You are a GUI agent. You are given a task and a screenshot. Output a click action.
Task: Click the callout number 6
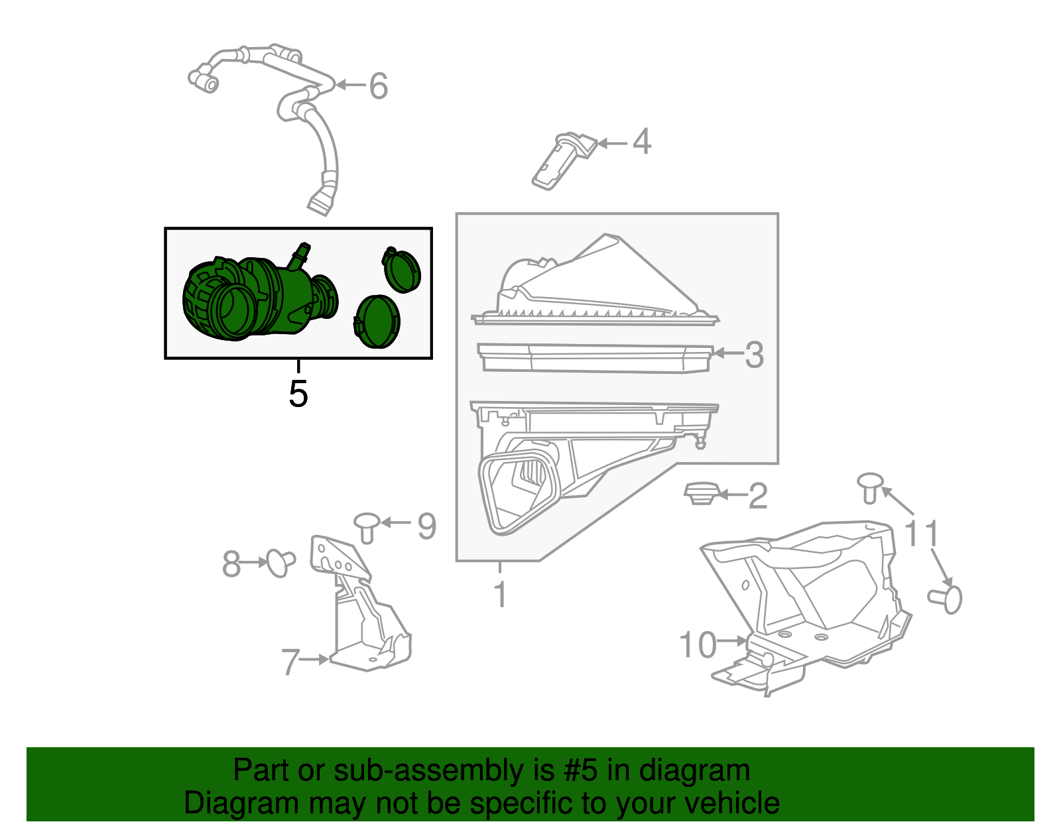click(x=378, y=86)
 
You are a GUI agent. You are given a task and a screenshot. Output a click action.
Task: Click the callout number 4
click(x=641, y=142)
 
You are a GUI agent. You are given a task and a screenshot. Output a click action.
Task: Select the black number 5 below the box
click(x=298, y=394)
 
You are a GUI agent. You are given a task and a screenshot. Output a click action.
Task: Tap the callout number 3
click(x=754, y=355)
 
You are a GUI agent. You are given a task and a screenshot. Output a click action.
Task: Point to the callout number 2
click(x=757, y=496)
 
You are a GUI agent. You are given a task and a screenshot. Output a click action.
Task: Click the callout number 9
click(x=426, y=526)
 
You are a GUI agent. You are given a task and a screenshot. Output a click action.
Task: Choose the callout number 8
click(x=231, y=564)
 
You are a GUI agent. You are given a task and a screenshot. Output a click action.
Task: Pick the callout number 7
click(x=290, y=661)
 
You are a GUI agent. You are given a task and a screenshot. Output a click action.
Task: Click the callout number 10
click(x=698, y=644)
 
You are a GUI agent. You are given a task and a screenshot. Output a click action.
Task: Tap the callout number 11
click(x=922, y=533)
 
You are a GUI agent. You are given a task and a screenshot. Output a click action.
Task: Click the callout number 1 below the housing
click(x=501, y=594)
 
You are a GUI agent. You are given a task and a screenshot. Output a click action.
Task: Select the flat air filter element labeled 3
click(x=594, y=358)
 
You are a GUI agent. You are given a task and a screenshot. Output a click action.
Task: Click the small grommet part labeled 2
click(x=700, y=493)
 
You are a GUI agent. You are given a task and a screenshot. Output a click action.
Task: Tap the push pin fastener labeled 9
click(x=367, y=526)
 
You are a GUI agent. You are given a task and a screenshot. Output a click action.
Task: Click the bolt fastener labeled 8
click(x=279, y=562)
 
